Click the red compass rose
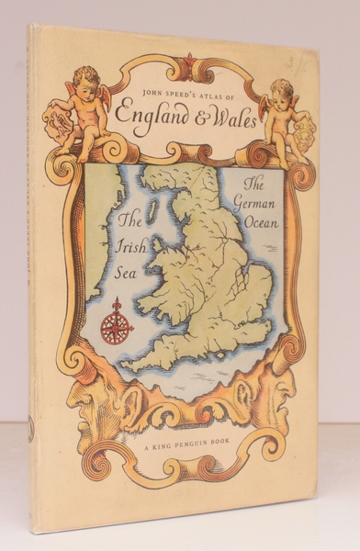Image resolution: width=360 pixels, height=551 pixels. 117,321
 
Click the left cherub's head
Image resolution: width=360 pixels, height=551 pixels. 88,79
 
